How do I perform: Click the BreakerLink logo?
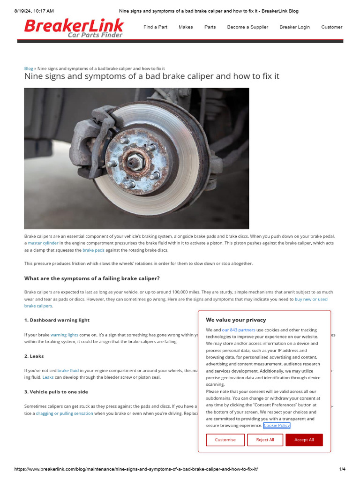(x=74, y=28)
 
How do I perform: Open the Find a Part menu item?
(x=155, y=27)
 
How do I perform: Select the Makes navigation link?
(x=186, y=27)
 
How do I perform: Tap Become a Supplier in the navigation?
(x=247, y=27)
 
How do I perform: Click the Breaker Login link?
(x=294, y=27)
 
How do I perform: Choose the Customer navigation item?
(x=331, y=27)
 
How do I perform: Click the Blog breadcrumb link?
(x=29, y=68)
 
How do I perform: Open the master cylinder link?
(x=43, y=243)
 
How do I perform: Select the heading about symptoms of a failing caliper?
(x=92, y=278)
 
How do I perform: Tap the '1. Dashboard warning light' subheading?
(x=57, y=320)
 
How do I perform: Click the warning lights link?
(x=64, y=335)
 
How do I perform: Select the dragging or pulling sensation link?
(x=64, y=413)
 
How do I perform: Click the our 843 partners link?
(x=239, y=330)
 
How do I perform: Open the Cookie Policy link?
(x=277, y=426)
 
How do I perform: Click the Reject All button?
(x=265, y=440)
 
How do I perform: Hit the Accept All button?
(x=304, y=440)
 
